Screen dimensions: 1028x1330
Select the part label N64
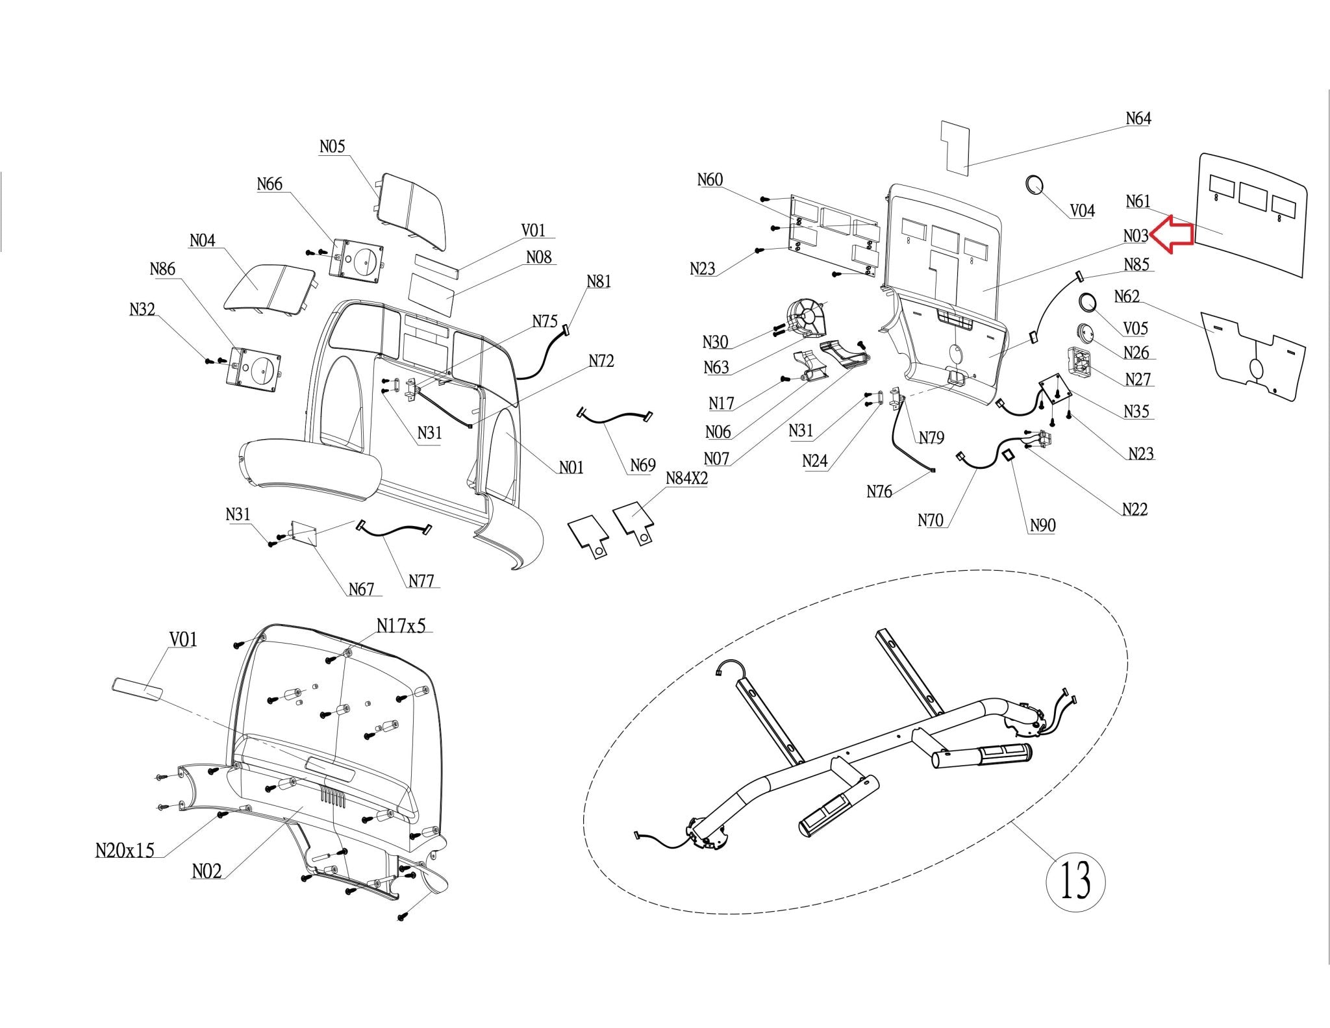pyautogui.click(x=1138, y=118)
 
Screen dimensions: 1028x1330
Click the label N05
pyautogui.click(x=332, y=147)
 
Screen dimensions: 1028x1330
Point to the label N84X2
pyautogui.click(x=686, y=479)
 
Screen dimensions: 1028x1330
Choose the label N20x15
pyautogui.click(x=125, y=850)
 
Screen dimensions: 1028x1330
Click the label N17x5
pyautogui.click(x=401, y=625)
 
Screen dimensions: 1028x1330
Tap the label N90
pyautogui.click(x=1042, y=525)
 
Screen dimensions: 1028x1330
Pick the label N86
pyautogui.click(x=162, y=269)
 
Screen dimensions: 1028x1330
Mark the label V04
pyautogui.click(x=1082, y=210)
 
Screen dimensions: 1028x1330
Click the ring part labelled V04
pyautogui.click(x=1035, y=184)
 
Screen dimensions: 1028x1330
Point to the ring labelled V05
pyautogui.click(x=1088, y=303)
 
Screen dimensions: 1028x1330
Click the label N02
pyautogui.click(x=207, y=871)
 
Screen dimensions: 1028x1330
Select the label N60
pyautogui.click(x=710, y=180)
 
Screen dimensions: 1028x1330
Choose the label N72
pyautogui.click(x=601, y=361)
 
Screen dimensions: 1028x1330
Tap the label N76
pyautogui.click(x=879, y=492)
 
